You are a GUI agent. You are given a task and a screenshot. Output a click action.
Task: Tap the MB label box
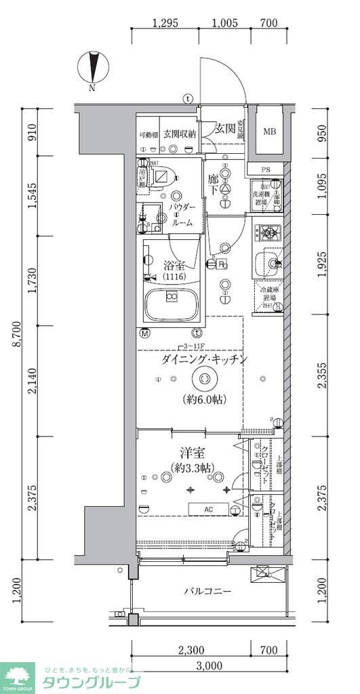(x=270, y=131)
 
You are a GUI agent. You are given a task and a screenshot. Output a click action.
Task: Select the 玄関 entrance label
(x=224, y=128)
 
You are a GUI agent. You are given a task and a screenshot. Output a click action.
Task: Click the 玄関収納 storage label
(x=179, y=134)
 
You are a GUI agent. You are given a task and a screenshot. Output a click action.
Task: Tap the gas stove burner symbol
(x=269, y=234)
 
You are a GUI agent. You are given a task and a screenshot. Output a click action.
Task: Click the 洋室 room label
(x=192, y=452)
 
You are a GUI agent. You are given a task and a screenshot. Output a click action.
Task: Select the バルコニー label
(x=208, y=591)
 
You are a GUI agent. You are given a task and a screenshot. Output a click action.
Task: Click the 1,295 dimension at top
(x=165, y=22)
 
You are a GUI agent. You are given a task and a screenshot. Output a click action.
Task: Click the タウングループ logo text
(x=92, y=682)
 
